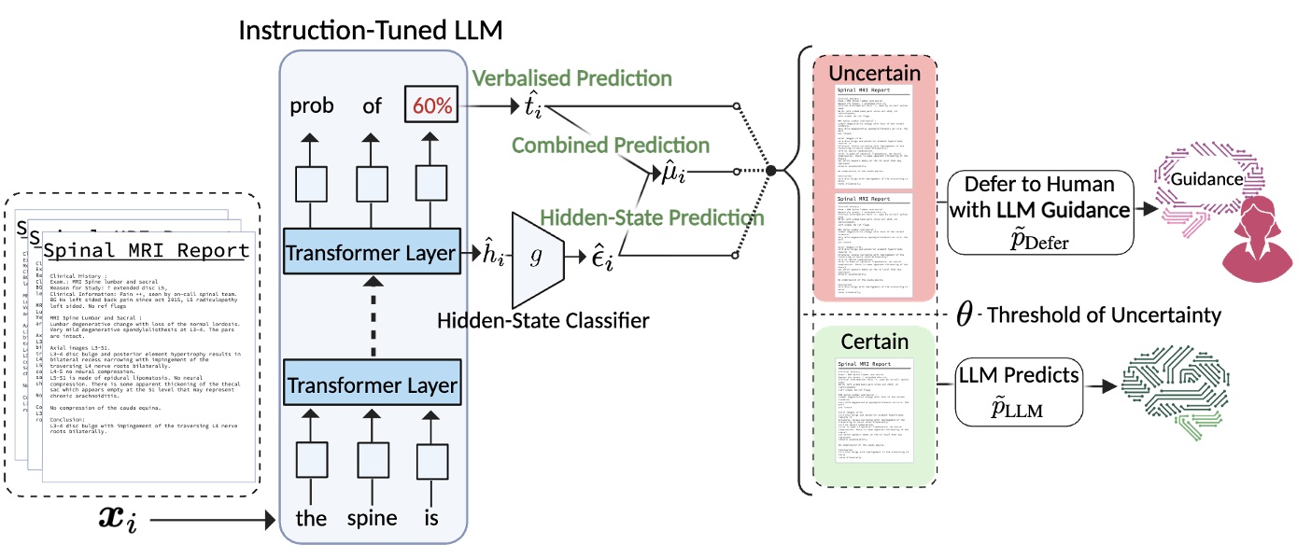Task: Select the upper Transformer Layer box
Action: [372, 252]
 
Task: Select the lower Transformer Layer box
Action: [372, 385]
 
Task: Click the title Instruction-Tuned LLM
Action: [371, 30]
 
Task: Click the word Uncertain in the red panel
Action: [875, 73]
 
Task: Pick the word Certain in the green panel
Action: [875, 342]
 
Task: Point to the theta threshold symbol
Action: [965, 314]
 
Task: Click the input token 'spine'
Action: [372, 518]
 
